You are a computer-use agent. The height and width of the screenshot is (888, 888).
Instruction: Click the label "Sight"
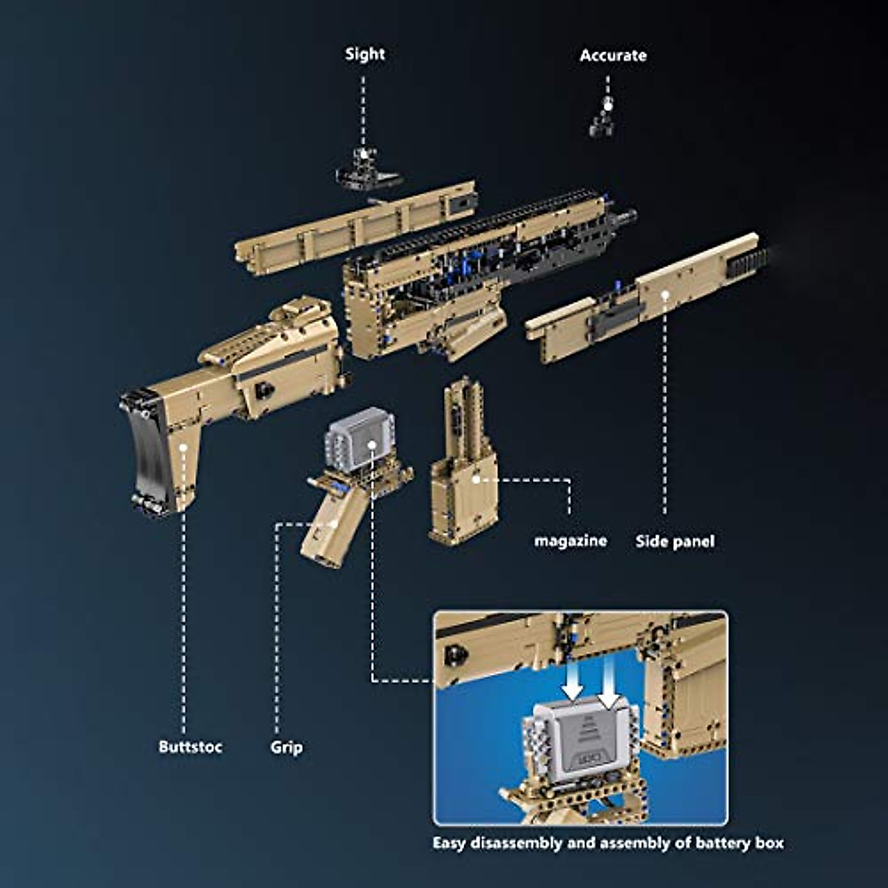pyautogui.click(x=365, y=54)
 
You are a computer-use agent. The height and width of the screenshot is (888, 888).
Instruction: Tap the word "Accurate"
pyautogui.click(x=613, y=55)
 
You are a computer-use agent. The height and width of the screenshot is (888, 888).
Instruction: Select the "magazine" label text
pyautogui.click(x=571, y=541)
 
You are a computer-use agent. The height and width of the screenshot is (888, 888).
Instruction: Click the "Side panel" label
pyautogui.click(x=675, y=541)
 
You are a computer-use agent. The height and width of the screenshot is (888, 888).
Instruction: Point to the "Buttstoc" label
pyautogui.click(x=190, y=747)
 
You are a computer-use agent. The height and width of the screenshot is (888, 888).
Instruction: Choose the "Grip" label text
pyautogui.click(x=286, y=747)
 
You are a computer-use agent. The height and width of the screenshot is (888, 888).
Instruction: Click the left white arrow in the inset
pyautogui.click(x=573, y=681)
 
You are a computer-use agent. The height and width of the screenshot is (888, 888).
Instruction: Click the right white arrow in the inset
pyautogui.click(x=608, y=681)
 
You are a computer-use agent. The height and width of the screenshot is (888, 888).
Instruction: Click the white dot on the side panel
pyautogui.click(x=665, y=295)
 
